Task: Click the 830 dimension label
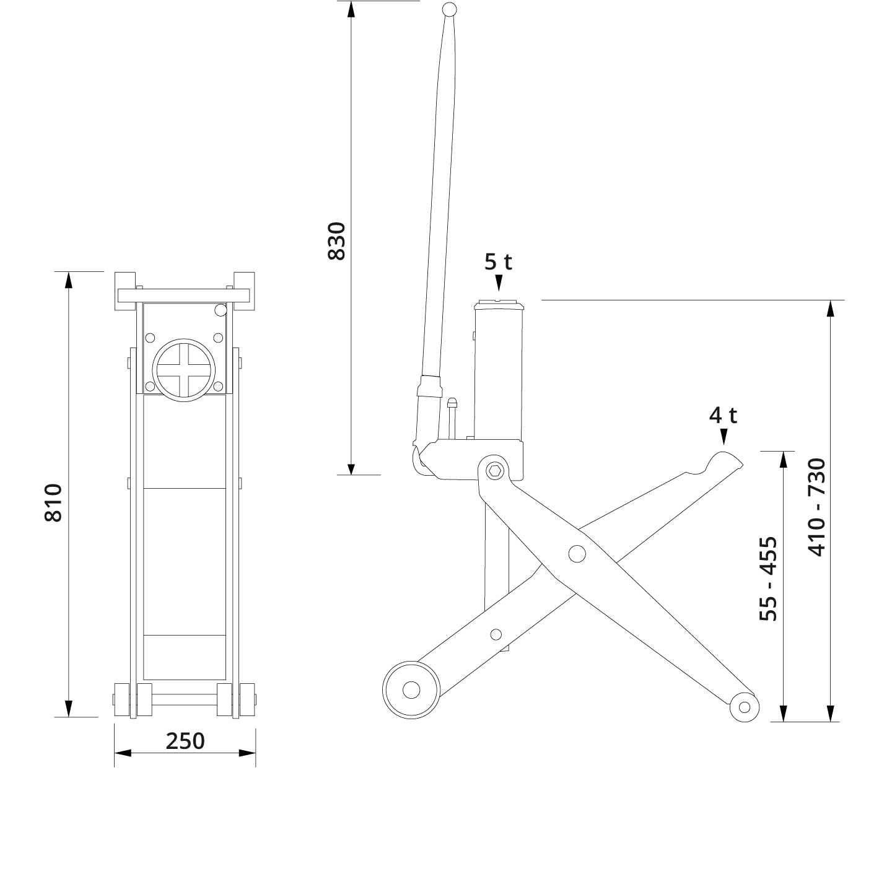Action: pos(336,240)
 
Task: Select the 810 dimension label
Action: pos(54,502)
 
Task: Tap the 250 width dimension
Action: pos(185,740)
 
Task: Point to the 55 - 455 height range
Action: pos(768,578)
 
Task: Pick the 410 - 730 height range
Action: pos(818,507)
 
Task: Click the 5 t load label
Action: pos(498,262)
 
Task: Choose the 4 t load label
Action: pos(723,415)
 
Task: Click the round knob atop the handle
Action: pos(450,10)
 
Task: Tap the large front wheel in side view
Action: pos(411,689)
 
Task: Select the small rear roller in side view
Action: pos(744,707)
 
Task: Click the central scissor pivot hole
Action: pos(577,553)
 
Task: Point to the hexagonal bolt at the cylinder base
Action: pos(495,471)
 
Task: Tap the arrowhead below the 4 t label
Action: pos(723,437)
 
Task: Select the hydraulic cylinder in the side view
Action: pos(498,372)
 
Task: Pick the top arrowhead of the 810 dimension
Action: pos(69,280)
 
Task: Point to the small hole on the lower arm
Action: pos(496,634)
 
